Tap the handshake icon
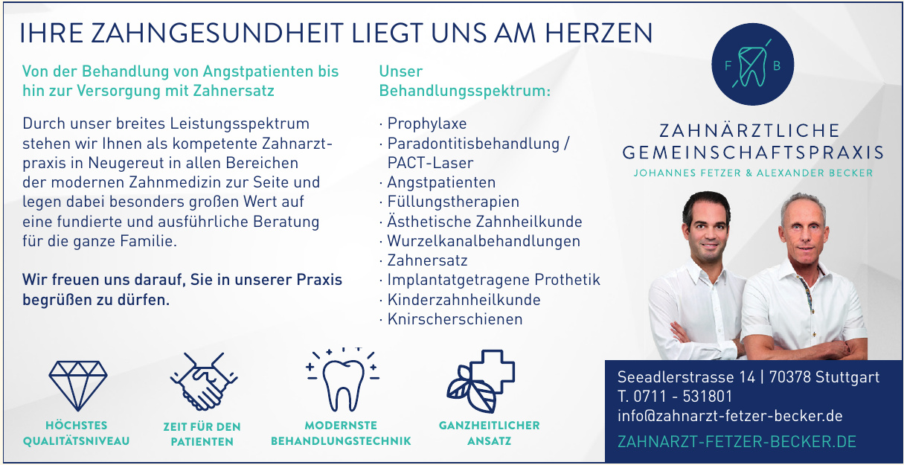(x=204, y=382)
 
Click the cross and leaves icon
(x=480, y=381)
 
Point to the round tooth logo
(x=753, y=64)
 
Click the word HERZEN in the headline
(x=599, y=33)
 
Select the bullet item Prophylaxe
(x=426, y=124)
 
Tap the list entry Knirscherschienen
(x=455, y=319)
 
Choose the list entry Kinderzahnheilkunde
(x=464, y=300)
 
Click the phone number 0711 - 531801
(x=683, y=397)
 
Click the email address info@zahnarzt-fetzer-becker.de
(x=730, y=416)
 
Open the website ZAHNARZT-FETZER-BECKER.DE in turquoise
(x=737, y=442)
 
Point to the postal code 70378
(x=790, y=377)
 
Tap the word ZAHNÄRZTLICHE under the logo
(x=749, y=131)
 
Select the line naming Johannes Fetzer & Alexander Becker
(x=753, y=173)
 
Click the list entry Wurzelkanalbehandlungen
(x=484, y=241)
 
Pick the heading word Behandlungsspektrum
(x=465, y=91)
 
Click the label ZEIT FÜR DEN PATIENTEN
(x=202, y=434)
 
